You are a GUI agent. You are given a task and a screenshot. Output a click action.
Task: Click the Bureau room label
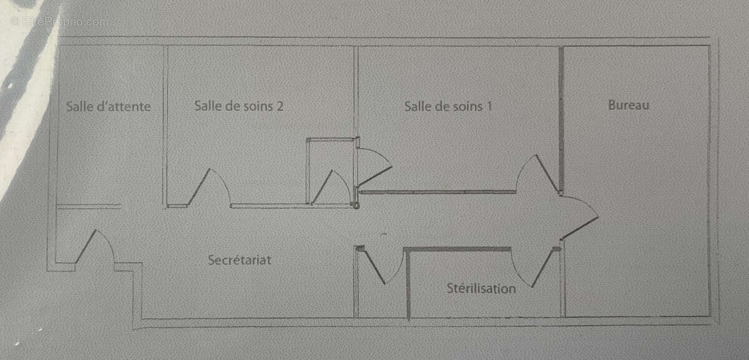[x=629, y=105]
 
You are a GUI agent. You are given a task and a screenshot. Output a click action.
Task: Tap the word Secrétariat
[x=240, y=260]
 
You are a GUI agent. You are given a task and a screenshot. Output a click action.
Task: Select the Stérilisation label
[x=481, y=288]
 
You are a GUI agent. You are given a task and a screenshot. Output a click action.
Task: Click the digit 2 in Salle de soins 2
[x=280, y=106]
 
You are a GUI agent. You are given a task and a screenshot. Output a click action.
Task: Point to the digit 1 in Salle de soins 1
[x=489, y=107]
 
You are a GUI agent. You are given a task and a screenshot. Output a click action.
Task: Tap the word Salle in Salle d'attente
[x=79, y=107]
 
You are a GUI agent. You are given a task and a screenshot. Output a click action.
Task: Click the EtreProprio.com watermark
[x=60, y=22]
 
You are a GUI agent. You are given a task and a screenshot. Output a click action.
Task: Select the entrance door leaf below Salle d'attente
[x=86, y=246]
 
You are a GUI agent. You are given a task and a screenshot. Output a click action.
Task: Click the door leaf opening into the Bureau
[x=580, y=228]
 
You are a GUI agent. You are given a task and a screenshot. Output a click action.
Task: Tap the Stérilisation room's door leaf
[x=542, y=268]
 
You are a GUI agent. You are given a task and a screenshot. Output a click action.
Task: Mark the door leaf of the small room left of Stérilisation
[x=374, y=266]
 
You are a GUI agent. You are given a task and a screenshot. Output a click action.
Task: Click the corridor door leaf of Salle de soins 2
[x=199, y=187]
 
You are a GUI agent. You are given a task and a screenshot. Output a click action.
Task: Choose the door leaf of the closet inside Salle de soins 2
[x=321, y=187]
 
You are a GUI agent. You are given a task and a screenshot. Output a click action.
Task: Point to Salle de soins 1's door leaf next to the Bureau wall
[x=547, y=173]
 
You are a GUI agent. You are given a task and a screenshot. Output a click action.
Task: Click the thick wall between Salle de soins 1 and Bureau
[x=561, y=120]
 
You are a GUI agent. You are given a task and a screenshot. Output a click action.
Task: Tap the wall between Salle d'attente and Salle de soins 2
[x=165, y=127]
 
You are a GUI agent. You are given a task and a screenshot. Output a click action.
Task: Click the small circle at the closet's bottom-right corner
[x=356, y=206]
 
